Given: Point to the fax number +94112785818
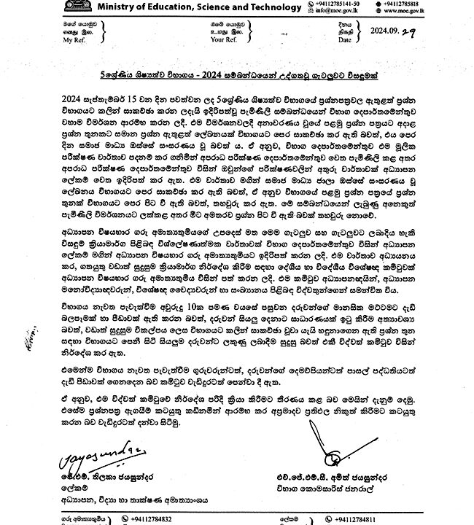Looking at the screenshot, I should (438, 4).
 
